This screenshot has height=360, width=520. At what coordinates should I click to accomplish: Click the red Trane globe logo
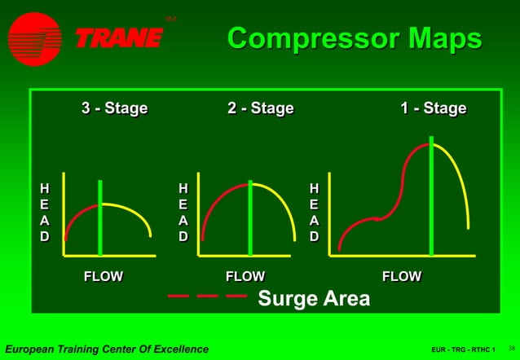point(35,38)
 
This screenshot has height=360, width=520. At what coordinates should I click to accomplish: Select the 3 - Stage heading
point(114,108)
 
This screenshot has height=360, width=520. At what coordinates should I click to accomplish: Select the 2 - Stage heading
point(260,108)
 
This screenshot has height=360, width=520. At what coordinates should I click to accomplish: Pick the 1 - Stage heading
point(433,108)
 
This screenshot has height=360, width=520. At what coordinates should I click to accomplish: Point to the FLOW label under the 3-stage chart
point(104,276)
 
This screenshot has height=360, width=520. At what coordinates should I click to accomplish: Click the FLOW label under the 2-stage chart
point(245,276)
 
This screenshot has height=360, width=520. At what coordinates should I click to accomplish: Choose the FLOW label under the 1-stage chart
point(402,276)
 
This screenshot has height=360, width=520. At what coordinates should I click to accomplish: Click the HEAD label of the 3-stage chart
point(45,212)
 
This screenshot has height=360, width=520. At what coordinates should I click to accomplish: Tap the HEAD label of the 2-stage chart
point(183,212)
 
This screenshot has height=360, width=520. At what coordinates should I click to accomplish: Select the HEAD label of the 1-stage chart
point(314,212)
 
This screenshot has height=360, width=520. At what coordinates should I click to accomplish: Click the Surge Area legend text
point(314,298)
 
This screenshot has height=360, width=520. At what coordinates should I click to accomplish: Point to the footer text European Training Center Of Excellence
point(107,349)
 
